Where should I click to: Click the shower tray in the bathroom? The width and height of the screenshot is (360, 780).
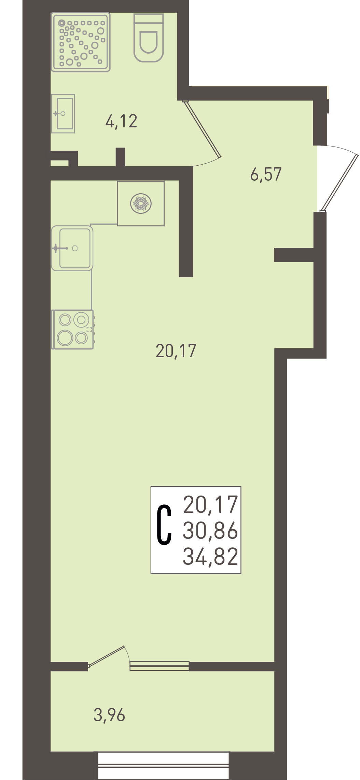tap(81, 42)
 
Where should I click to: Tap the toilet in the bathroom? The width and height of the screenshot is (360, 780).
tap(149, 38)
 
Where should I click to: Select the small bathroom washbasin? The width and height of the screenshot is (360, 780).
tap(63, 113)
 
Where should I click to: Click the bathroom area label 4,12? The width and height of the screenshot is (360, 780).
tap(121, 121)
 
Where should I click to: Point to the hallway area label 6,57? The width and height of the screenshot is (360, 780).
tap(266, 174)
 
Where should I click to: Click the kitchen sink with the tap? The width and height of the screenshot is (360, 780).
tap(72, 248)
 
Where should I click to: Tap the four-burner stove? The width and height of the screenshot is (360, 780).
tap(72, 330)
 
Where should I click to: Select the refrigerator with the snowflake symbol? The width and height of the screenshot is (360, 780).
tap(141, 204)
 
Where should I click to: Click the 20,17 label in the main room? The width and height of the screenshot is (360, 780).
tap(176, 351)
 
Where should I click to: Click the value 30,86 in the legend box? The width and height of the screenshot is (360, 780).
tap(210, 530)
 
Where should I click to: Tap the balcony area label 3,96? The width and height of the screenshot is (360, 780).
tap(109, 715)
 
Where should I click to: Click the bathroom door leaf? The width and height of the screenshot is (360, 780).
tap(202, 129)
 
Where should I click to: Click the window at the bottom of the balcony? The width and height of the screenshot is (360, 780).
tap(163, 765)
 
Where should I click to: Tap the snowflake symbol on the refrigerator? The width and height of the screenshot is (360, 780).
tap(141, 204)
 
